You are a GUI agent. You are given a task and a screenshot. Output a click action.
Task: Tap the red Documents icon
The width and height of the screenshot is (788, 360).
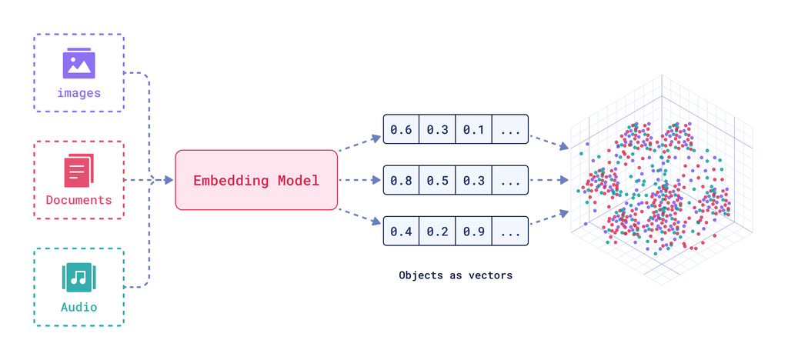point(78,171)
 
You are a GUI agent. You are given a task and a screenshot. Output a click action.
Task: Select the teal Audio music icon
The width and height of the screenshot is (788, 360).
point(78,278)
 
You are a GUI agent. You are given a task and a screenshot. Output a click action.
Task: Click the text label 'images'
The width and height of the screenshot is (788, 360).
point(78,93)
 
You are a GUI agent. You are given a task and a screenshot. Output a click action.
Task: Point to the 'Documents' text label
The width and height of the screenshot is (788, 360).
point(78,200)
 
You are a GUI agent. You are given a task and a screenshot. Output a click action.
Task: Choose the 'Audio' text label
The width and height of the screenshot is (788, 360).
point(78,307)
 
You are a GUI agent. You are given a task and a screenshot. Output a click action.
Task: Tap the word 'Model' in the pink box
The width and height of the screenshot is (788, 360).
point(296,181)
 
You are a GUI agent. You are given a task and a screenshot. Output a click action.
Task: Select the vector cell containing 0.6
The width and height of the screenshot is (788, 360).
point(401,129)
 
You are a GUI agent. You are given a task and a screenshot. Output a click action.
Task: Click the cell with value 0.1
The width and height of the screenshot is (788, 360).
point(473,129)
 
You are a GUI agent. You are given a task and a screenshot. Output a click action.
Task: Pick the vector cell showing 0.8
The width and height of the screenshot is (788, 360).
point(401,181)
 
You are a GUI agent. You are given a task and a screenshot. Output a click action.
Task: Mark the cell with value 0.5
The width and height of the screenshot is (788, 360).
point(437,181)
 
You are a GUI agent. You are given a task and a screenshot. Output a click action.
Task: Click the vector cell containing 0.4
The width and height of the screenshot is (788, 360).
point(401,232)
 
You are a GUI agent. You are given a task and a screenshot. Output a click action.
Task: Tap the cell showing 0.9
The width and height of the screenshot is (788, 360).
point(473,232)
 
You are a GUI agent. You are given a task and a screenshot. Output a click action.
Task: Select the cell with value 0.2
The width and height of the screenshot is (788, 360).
point(437,232)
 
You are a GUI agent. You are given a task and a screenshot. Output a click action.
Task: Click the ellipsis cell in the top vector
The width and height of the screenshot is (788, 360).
point(510,129)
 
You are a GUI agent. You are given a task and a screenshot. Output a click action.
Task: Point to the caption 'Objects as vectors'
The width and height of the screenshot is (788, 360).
point(456,275)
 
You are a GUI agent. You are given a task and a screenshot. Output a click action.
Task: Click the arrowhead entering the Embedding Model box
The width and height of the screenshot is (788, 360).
point(169,181)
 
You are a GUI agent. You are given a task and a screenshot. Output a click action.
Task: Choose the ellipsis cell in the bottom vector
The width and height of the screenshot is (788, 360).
point(510,232)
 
